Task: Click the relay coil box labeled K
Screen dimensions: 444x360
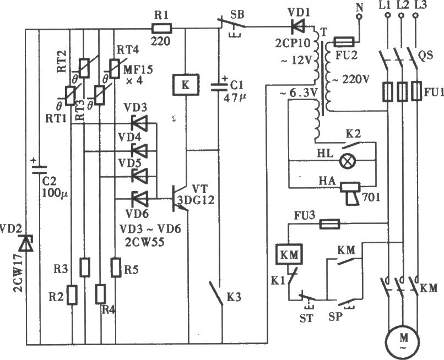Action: (186, 85)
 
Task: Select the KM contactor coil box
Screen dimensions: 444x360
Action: (289, 255)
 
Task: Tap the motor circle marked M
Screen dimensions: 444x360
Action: (403, 342)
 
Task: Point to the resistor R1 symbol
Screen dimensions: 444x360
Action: (162, 29)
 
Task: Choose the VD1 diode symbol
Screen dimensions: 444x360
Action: (297, 27)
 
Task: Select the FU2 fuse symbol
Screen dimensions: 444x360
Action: (344, 42)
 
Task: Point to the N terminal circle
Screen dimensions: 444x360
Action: (359, 17)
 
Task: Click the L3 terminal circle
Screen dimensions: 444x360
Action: (415, 15)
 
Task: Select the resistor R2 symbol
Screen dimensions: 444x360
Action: (72, 295)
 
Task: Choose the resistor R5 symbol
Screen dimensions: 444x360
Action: (116, 267)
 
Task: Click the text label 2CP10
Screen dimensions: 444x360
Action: (293, 42)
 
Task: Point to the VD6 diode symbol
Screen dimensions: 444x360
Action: (140, 199)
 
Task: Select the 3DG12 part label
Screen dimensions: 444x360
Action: (196, 200)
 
